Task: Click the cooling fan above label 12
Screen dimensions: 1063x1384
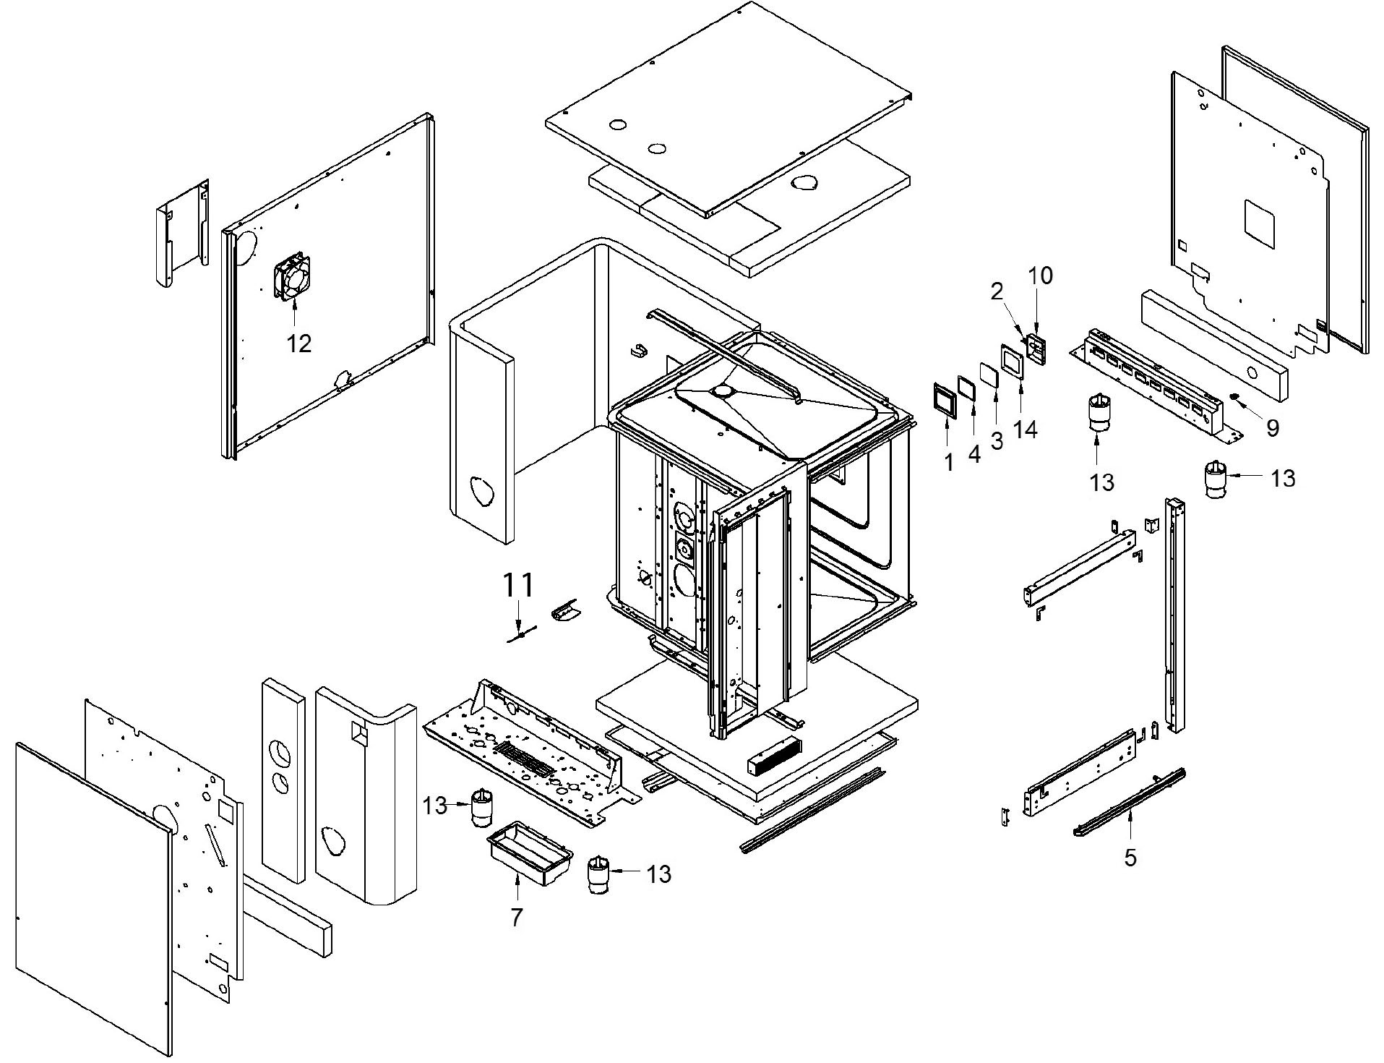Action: pos(291,276)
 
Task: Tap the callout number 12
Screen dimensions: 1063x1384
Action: pos(298,343)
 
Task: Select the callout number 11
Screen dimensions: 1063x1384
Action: pos(517,584)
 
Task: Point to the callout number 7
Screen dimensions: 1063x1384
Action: pos(516,917)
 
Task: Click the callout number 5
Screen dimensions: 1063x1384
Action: pos(1130,858)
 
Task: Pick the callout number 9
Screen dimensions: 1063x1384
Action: pos(1273,428)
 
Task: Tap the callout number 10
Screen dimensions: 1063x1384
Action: pos(1041,276)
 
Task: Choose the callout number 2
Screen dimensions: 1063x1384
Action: pos(997,291)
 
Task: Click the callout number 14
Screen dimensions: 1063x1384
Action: pos(1026,429)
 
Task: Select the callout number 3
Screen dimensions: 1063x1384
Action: pos(997,440)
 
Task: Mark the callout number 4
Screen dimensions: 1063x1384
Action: pos(974,454)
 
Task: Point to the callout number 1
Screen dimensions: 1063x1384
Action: pos(949,462)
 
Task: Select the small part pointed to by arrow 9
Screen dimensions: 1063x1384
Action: pos(1235,398)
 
